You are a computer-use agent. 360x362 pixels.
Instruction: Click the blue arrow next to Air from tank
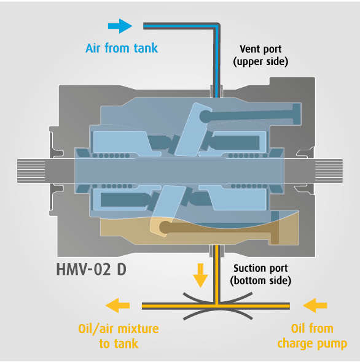(120, 26)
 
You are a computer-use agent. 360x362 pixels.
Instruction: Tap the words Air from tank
(122, 48)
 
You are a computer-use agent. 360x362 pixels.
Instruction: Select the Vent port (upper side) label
(260, 55)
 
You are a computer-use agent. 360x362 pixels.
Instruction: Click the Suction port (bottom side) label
(260, 274)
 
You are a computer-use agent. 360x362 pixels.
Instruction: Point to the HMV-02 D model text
(92, 269)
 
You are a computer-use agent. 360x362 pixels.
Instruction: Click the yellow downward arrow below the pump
(200, 275)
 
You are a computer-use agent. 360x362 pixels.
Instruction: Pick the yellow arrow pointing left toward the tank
(117, 306)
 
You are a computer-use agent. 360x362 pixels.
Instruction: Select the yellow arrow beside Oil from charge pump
(315, 306)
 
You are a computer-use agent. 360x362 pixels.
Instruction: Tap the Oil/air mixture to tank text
(119, 336)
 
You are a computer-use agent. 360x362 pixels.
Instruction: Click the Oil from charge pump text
(312, 336)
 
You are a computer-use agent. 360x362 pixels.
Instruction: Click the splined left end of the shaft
(31, 171)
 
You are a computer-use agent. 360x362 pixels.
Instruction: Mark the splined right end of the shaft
(329, 171)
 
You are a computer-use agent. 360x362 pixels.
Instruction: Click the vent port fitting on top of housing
(217, 91)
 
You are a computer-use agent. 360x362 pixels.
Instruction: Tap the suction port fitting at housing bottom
(217, 251)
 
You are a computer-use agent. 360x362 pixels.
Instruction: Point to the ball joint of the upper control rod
(206, 117)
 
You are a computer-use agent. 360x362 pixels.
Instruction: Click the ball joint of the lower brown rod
(165, 227)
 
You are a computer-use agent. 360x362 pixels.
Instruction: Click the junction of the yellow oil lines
(217, 306)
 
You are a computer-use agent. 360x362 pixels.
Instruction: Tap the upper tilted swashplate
(194, 129)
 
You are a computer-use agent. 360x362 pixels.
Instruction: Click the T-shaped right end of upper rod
(296, 114)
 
